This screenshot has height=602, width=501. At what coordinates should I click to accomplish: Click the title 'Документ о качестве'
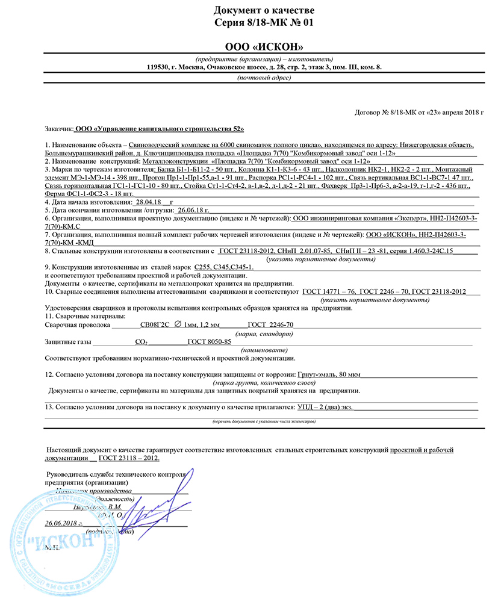click(263, 10)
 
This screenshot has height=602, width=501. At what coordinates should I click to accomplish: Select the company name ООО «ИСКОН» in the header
click(264, 48)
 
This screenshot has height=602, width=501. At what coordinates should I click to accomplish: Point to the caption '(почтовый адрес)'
click(264, 78)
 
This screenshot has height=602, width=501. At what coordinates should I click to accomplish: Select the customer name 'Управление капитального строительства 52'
click(160, 129)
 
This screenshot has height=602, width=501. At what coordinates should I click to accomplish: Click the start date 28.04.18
click(150, 203)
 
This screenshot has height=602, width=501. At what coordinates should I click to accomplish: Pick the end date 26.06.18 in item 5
click(191, 211)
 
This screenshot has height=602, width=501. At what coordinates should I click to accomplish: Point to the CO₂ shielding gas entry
click(142, 342)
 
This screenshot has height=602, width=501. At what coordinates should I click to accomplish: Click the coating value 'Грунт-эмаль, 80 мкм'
click(329, 374)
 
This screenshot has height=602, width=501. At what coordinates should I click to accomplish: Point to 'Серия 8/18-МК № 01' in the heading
click(263, 22)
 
